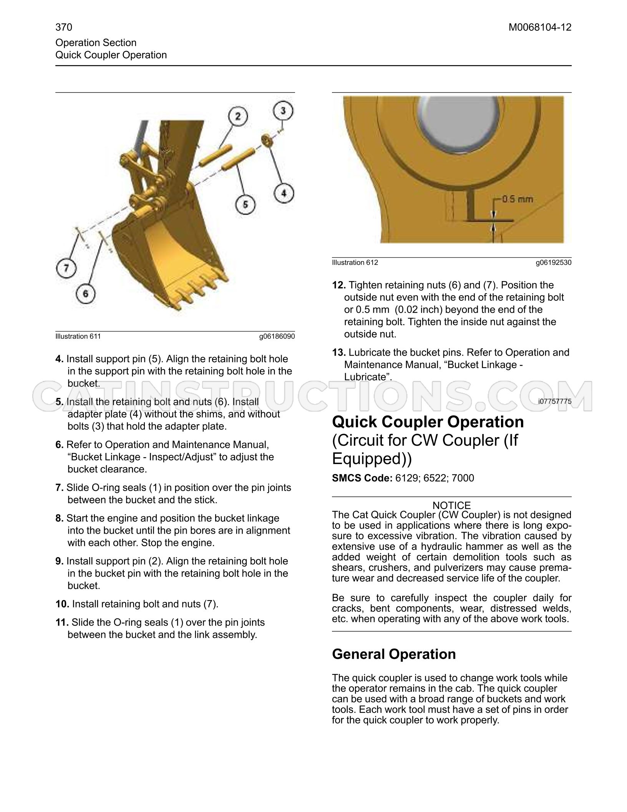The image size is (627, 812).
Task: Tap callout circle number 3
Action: pyautogui.click(x=283, y=111)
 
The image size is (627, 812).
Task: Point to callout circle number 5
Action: pyautogui.click(x=245, y=204)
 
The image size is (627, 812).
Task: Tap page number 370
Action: pyautogui.click(x=64, y=27)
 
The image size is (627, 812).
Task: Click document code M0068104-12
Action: pyautogui.click(x=540, y=27)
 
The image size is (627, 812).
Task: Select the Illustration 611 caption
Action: pyautogui.click(x=78, y=336)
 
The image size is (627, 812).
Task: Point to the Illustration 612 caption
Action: pyautogui.click(x=355, y=263)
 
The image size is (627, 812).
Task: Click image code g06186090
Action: pyautogui.click(x=277, y=336)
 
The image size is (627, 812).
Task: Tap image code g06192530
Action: pyautogui.click(x=554, y=263)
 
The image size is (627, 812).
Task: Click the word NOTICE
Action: pyautogui.click(x=451, y=505)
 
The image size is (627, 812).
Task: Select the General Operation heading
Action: pyautogui.click(x=394, y=654)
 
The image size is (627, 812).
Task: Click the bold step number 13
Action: pyautogui.click(x=339, y=353)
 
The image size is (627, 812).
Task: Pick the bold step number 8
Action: pyautogui.click(x=60, y=518)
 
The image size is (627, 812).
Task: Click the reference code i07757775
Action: pyautogui.click(x=555, y=401)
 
